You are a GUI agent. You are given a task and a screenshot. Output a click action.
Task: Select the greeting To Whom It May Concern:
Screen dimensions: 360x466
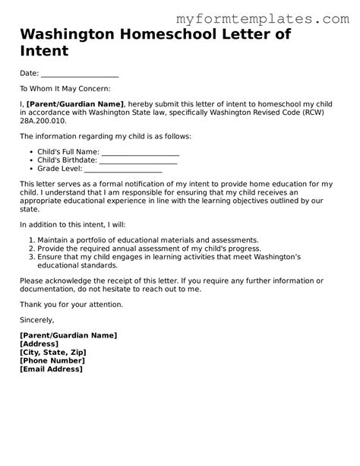click(65, 89)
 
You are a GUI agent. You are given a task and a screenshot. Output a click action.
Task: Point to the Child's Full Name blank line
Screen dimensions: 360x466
click(134, 152)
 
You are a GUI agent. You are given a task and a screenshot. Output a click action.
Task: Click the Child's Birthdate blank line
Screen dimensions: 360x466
click(139, 160)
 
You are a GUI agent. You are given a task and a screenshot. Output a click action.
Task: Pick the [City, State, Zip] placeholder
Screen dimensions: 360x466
click(53, 352)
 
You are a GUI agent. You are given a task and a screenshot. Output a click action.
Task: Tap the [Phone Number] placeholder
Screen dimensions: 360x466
click(52, 360)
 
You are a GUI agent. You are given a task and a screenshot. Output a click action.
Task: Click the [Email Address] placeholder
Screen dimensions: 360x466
click(52, 369)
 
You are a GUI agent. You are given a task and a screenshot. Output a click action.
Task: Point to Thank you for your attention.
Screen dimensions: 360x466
click(71, 304)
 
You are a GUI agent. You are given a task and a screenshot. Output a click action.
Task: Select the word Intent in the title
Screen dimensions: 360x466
click(45, 52)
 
